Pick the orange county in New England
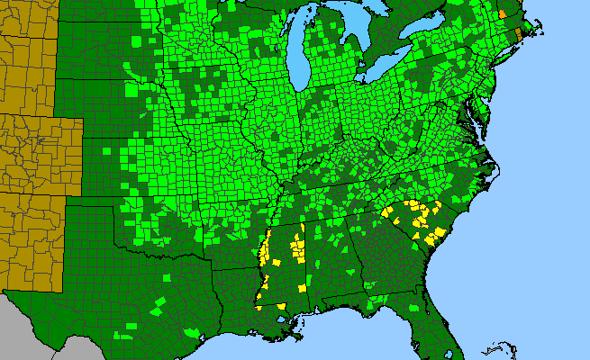(x=503, y=13)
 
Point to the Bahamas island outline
(x=495, y=346)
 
